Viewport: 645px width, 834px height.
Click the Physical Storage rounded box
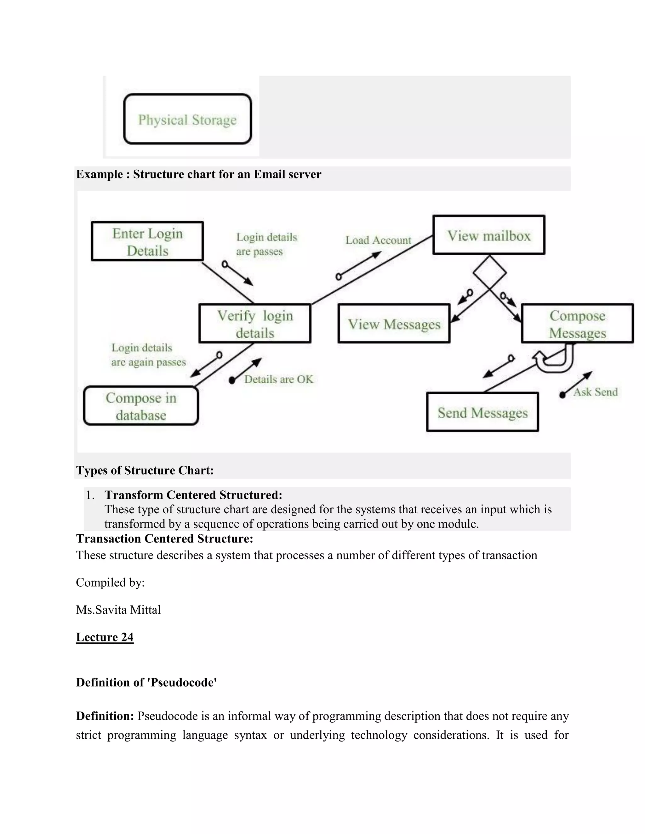click(187, 119)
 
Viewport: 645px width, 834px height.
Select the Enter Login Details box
click(147, 241)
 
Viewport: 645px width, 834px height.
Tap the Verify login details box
click(255, 324)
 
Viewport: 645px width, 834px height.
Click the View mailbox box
click(489, 235)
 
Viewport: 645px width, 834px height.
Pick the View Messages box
click(394, 324)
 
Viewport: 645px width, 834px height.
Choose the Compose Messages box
click(577, 324)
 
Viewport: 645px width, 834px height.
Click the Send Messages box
click(482, 412)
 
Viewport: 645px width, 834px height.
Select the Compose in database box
click(141, 406)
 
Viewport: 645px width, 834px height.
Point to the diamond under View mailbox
click(489, 273)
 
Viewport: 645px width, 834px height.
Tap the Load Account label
click(378, 240)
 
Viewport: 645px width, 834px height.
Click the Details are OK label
click(278, 379)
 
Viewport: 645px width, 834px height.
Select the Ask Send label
click(595, 392)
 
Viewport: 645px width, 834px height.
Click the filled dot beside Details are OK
click(232, 380)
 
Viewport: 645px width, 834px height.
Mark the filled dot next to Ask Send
click(562, 395)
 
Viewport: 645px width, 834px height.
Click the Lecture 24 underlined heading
click(105, 637)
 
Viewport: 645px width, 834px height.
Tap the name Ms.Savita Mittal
click(118, 610)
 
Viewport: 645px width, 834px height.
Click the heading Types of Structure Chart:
click(145, 470)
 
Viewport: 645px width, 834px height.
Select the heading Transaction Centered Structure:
click(164, 538)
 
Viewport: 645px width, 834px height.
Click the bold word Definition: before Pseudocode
click(105, 716)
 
